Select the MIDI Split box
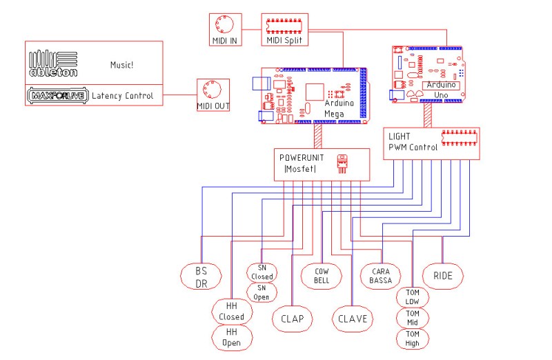click(284, 30)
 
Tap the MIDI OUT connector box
click(214, 95)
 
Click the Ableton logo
click(53, 63)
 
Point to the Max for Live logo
click(56, 96)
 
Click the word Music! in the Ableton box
click(121, 65)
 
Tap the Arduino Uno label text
click(440, 89)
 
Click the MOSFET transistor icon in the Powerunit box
click(342, 164)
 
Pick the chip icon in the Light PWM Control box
click(458, 137)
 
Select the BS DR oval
click(201, 277)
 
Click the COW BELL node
click(322, 276)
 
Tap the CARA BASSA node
click(380, 276)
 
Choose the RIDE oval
click(443, 276)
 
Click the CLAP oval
click(292, 319)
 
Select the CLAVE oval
click(353, 319)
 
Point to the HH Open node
click(231, 337)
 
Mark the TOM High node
click(413, 338)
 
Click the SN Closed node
click(262, 272)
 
